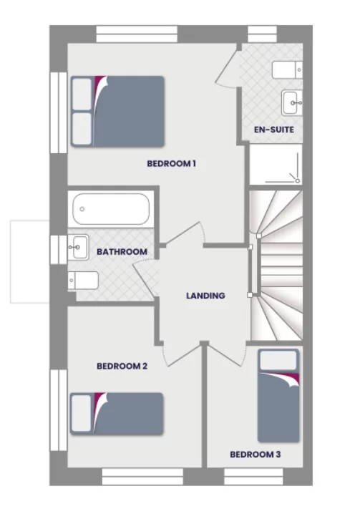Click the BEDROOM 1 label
171,164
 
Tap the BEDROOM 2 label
122,367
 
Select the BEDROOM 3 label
255,454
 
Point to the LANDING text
205,296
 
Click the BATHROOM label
122,252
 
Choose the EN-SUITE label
274,130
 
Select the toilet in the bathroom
82,279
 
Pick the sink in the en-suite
292,102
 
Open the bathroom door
146,276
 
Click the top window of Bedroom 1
137,34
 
